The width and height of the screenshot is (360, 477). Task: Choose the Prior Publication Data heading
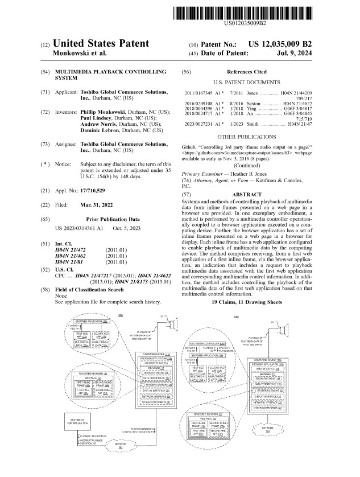click(101, 219)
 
